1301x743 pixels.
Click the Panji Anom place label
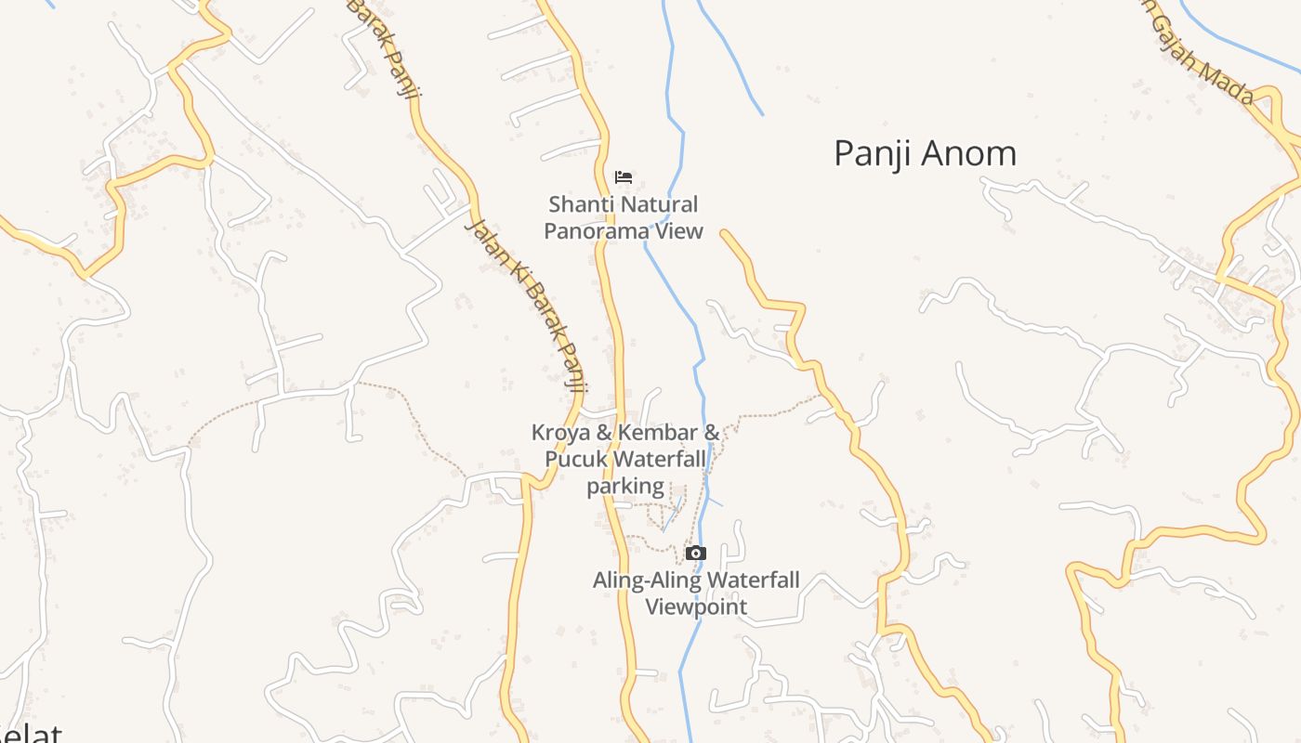pyautogui.click(x=925, y=153)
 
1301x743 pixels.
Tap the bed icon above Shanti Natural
pyautogui.click(x=624, y=176)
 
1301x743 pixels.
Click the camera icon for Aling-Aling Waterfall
pyautogui.click(x=695, y=554)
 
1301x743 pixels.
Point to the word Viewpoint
pyautogui.click(x=696, y=607)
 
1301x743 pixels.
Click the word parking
pyautogui.click(x=625, y=486)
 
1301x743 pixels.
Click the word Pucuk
pyautogui.click(x=576, y=459)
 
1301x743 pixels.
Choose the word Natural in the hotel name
pyautogui.click(x=658, y=204)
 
